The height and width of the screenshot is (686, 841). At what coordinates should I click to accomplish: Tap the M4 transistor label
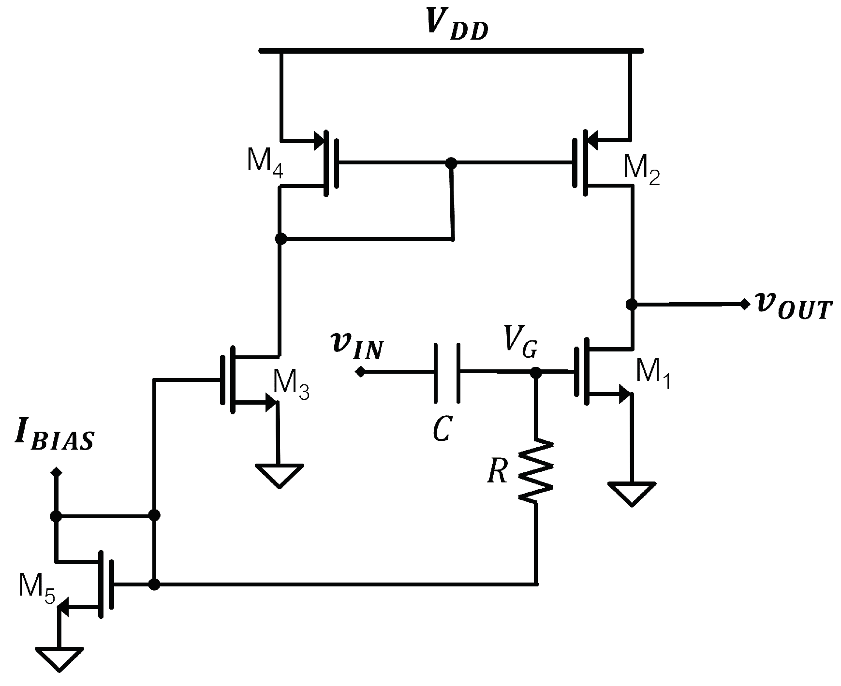point(265,162)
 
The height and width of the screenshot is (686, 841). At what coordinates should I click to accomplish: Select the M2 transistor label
point(641,172)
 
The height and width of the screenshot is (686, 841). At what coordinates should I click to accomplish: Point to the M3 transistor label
point(291,385)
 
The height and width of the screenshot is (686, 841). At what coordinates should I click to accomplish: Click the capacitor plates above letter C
point(446,373)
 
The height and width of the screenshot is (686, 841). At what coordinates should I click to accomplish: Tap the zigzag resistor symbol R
point(535,470)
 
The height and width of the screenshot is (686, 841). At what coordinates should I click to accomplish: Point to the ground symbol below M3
point(280,475)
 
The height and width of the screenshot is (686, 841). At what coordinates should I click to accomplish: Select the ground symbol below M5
point(59,657)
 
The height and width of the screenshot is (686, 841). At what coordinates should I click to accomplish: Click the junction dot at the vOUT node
point(631,304)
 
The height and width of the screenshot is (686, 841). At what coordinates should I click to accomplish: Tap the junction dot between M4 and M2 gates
point(451,163)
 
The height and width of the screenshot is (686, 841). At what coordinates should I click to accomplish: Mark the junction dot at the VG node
point(535,373)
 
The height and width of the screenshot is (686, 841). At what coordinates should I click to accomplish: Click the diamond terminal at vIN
point(360,372)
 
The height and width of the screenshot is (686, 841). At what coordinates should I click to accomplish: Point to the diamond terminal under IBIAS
point(57,471)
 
